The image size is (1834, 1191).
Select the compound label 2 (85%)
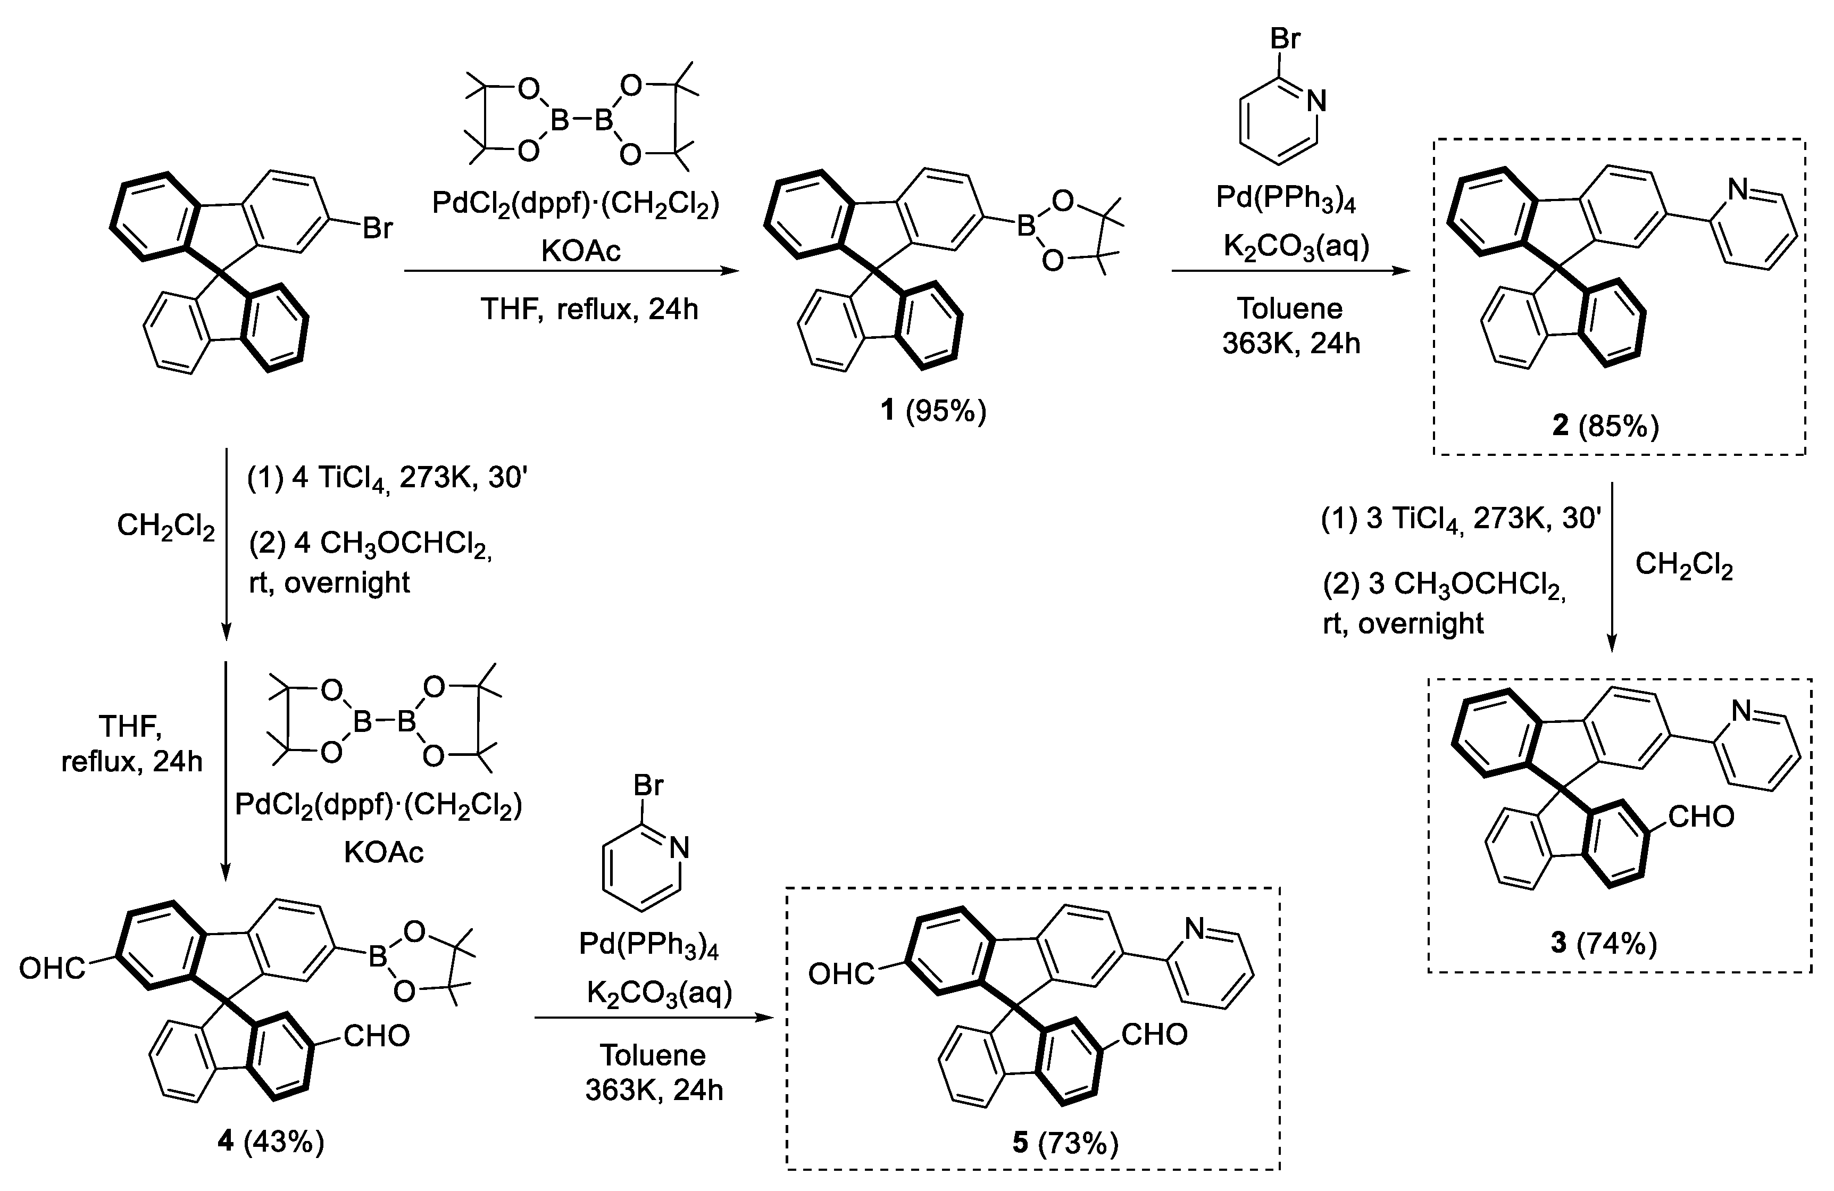click(1616, 425)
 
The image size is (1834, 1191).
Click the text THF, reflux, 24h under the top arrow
click(589, 309)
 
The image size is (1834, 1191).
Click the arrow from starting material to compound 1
click(570, 271)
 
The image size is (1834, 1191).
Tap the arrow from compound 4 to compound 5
click(654, 1018)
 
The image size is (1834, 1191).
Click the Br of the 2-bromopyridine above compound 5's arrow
click(647, 786)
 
